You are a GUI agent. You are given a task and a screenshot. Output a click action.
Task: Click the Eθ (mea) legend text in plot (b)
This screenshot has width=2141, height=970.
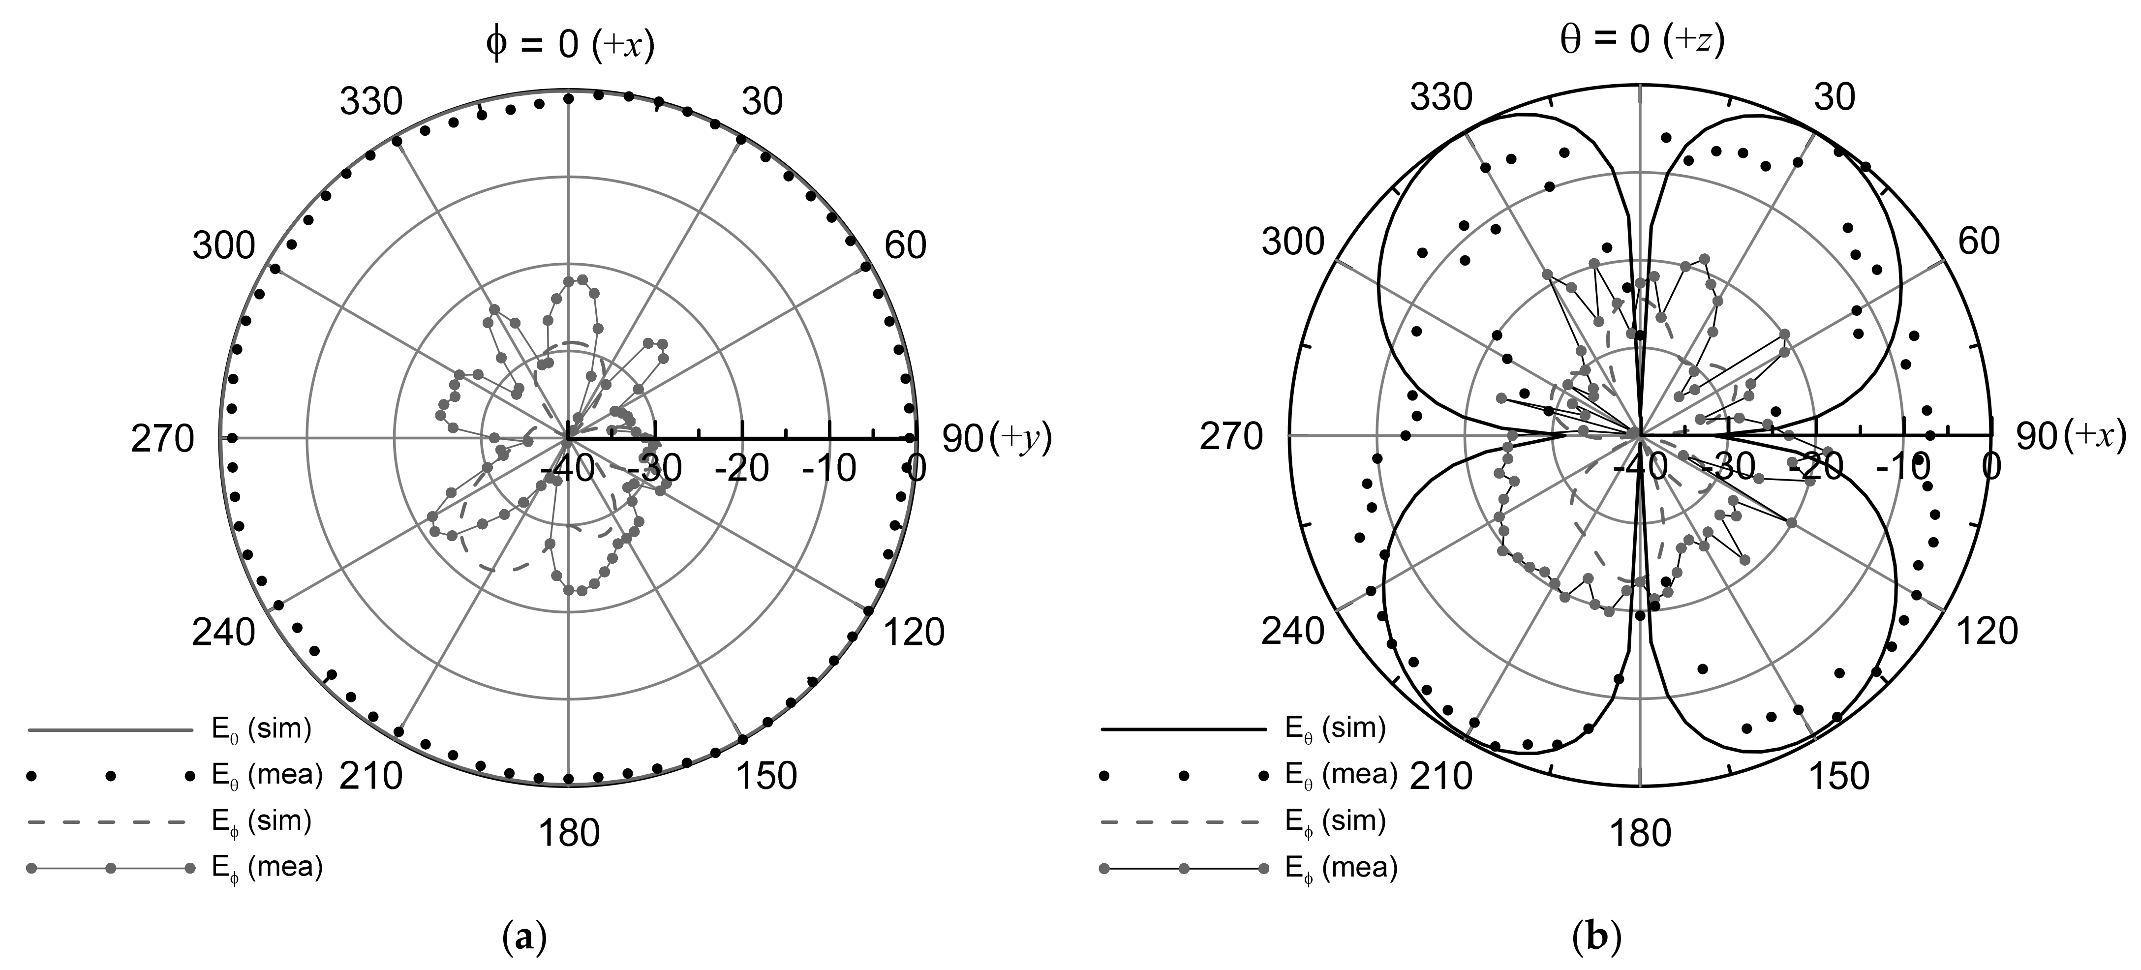coord(1341,775)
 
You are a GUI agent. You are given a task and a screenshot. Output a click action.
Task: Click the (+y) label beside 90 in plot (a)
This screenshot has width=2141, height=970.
coord(1021,438)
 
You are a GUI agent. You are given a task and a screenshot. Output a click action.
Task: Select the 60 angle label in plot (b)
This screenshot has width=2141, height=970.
coord(1979,241)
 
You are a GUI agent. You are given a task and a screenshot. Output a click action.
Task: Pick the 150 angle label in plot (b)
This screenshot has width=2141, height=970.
coord(1838,776)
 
